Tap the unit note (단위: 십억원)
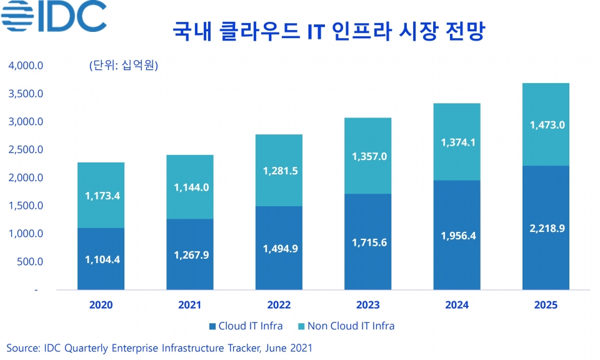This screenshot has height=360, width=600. (x=124, y=66)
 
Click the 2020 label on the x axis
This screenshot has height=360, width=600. (x=101, y=305)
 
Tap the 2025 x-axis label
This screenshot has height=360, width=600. (x=545, y=305)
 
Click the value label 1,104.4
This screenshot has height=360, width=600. (x=102, y=259)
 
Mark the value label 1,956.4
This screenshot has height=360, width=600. (x=456, y=236)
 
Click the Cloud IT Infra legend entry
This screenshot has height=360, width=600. (x=246, y=326)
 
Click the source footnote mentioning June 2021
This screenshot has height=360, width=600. (x=159, y=347)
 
